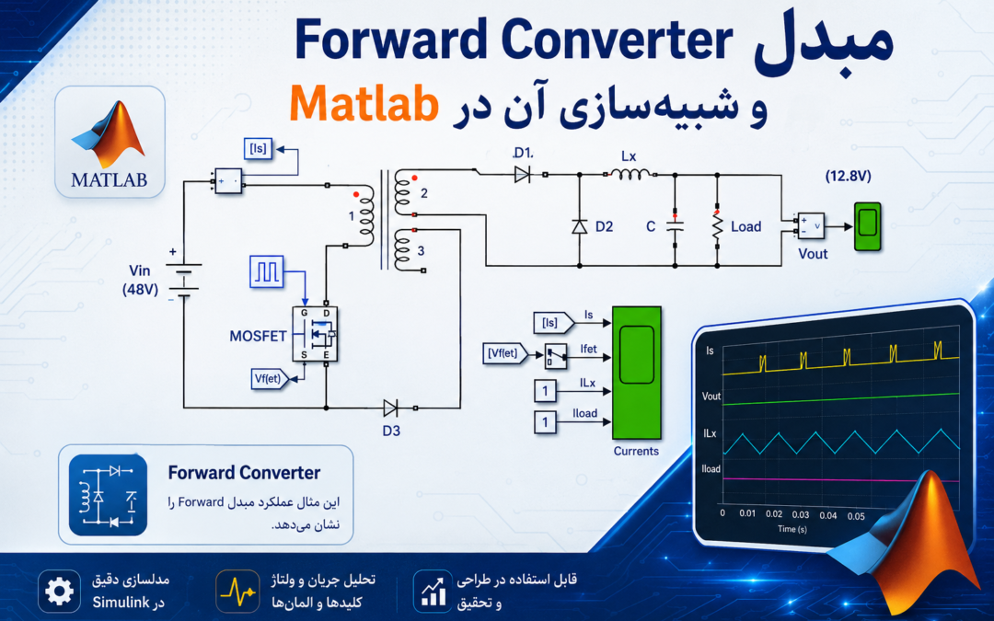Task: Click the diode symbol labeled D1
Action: pos(523,174)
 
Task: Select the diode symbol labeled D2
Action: pos(580,226)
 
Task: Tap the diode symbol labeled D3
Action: pos(391,408)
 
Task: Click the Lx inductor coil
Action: pos(630,174)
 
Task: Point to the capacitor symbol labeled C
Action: pos(675,226)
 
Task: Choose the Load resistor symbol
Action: pos(717,226)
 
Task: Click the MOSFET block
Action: pos(315,334)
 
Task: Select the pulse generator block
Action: pos(266,271)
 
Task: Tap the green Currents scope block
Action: pos(637,374)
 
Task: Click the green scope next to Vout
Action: pos(867,226)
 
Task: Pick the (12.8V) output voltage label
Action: pos(849,176)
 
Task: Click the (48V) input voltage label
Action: pos(140,290)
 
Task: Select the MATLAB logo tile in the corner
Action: pos(110,142)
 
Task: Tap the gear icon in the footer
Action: pos(59,592)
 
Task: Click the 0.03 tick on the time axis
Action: pos(801,515)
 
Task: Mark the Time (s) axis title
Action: pos(792,528)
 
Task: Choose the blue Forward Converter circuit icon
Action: pos(108,495)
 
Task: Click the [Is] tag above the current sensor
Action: pos(258,149)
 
